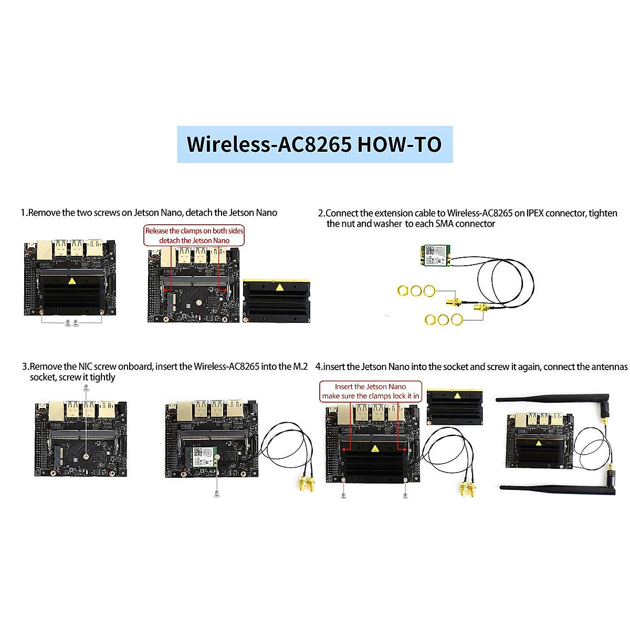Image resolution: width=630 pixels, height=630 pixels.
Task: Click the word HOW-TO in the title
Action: point(399,144)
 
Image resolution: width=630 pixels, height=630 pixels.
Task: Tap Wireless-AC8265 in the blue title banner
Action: point(269,144)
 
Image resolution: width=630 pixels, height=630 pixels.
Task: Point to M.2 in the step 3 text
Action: point(300,366)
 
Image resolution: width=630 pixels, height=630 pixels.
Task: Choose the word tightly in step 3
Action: point(102,377)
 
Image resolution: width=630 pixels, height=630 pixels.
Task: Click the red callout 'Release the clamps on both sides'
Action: point(194,231)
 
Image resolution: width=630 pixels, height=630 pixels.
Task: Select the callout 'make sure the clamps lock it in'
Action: point(371,396)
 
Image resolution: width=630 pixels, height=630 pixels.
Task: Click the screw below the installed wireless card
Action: point(216,492)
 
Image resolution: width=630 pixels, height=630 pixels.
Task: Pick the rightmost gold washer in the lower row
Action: point(457,319)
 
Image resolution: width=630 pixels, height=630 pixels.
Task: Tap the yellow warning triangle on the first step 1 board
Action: point(71,281)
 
